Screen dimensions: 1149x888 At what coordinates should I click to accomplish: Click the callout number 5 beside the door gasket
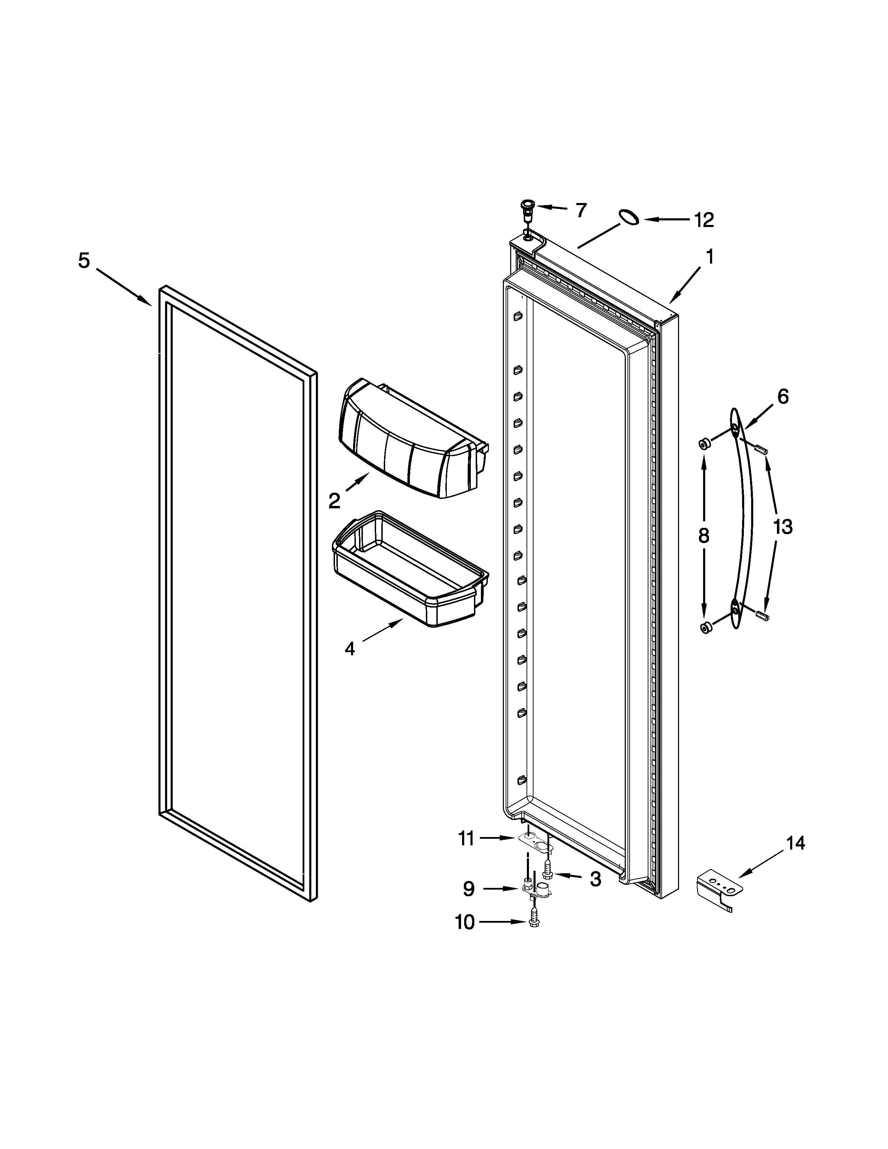tap(84, 261)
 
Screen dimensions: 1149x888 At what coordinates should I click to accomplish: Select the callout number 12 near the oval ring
tap(704, 220)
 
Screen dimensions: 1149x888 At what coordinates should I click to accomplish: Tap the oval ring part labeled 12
tap(628, 216)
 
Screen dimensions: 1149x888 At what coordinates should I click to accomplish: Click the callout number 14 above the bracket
tap(795, 843)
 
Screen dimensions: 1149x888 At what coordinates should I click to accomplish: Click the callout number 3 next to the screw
tap(595, 879)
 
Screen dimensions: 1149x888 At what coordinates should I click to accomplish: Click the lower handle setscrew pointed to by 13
tap(761, 616)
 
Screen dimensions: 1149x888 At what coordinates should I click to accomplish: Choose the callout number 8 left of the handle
tap(703, 536)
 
